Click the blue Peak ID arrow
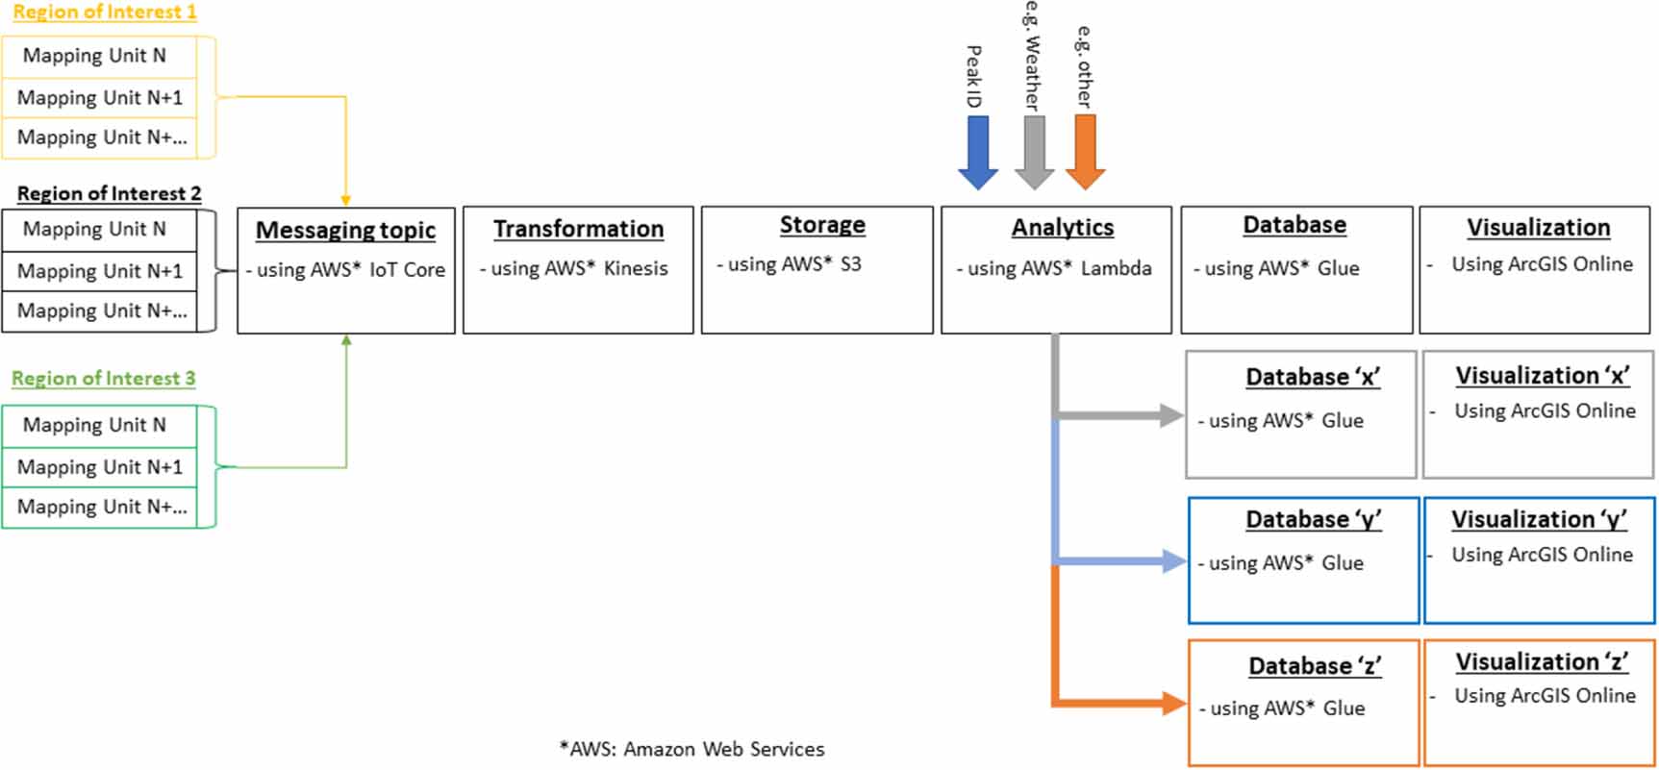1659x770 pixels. pos(977,152)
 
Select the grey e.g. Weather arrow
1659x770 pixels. pos(1034,152)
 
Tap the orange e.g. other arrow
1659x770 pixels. pos(1085,152)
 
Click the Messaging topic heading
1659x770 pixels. pos(345,231)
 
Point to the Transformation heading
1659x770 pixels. pos(578,229)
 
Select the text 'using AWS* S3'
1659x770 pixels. pos(793,264)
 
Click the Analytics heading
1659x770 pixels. pos(1062,228)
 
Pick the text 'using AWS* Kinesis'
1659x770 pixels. pos(578,269)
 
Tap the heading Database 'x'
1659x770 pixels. pos(1312,377)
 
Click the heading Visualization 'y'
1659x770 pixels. pos(1539,519)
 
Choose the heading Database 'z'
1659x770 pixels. pos(1314,666)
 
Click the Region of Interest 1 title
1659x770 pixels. pos(105,12)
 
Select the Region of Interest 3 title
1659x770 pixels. pos(104,379)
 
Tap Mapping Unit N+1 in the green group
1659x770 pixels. pos(99,467)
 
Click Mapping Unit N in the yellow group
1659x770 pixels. pos(94,56)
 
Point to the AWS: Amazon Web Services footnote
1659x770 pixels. pos(691,749)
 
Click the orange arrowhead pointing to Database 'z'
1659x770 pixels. pos(1173,704)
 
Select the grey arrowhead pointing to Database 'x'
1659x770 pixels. pos(1171,415)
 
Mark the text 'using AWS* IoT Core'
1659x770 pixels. pos(350,270)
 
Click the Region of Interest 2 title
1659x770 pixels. pos(109,194)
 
